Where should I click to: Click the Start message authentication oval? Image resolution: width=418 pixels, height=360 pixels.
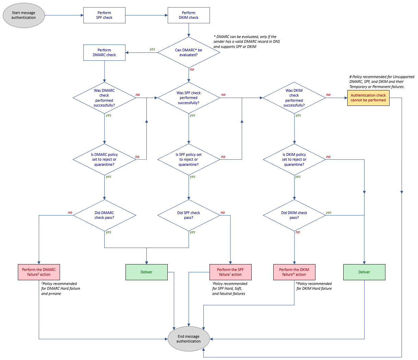point(24,15)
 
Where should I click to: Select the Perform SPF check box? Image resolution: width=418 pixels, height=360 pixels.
point(104,15)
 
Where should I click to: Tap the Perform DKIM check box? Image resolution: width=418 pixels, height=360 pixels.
point(189,15)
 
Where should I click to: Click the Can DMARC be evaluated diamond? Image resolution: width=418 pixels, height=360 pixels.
point(189,52)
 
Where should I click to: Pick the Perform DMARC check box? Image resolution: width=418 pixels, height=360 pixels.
point(104,52)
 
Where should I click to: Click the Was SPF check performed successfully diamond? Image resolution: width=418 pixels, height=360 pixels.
point(189,98)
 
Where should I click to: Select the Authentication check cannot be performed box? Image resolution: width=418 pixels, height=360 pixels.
point(368,98)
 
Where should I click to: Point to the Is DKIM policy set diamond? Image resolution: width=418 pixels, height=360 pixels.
point(294,160)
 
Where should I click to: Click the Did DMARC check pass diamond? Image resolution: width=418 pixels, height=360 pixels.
point(104,215)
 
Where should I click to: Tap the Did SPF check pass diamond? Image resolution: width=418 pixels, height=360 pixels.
point(189,215)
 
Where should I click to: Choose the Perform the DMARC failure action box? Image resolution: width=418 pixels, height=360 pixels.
point(39,272)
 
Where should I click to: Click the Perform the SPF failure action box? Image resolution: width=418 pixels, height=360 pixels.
point(230,272)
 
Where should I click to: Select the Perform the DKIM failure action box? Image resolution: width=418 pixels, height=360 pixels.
point(294,272)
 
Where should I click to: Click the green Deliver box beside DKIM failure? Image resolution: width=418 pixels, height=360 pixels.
point(364,272)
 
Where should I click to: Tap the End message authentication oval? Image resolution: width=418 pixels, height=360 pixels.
point(189,339)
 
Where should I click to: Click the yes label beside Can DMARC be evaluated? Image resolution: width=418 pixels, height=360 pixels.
point(152,49)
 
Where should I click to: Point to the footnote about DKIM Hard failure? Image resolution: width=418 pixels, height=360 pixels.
point(314,286)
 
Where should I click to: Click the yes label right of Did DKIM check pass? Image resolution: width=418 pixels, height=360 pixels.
point(329,213)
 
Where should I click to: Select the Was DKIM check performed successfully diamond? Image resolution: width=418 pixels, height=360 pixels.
point(294,98)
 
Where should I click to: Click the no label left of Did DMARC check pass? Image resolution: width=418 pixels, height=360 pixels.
point(70,213)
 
